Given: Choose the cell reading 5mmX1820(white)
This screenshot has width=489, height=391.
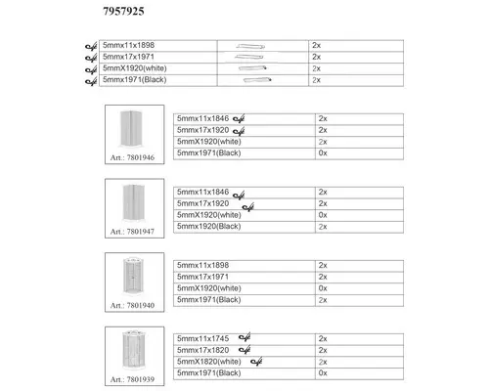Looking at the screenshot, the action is (207, 362).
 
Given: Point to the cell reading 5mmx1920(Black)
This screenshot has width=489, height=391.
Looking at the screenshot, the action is (207, 226).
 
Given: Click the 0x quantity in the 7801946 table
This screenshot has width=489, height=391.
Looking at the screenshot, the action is (324, 153).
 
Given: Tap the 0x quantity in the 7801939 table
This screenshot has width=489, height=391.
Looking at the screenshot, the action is (324, 373).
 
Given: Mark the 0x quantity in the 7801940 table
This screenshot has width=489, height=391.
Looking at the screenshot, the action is (324, 288).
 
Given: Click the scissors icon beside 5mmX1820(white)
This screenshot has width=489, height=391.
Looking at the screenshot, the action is (258, 362).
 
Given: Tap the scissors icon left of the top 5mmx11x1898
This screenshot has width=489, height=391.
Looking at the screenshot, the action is (91, 46).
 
